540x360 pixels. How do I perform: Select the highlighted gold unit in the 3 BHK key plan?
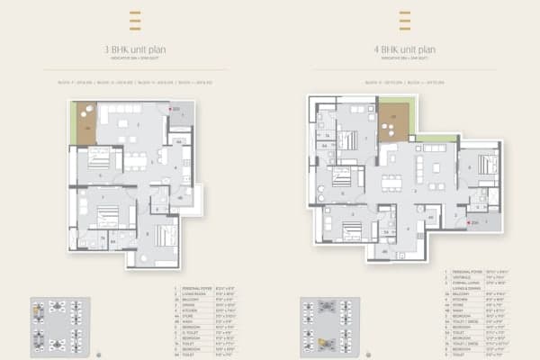tap(38, 309)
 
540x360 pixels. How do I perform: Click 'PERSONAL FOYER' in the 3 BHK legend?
tap(191, 287)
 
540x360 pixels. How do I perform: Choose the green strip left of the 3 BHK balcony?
tap(72, 121)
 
